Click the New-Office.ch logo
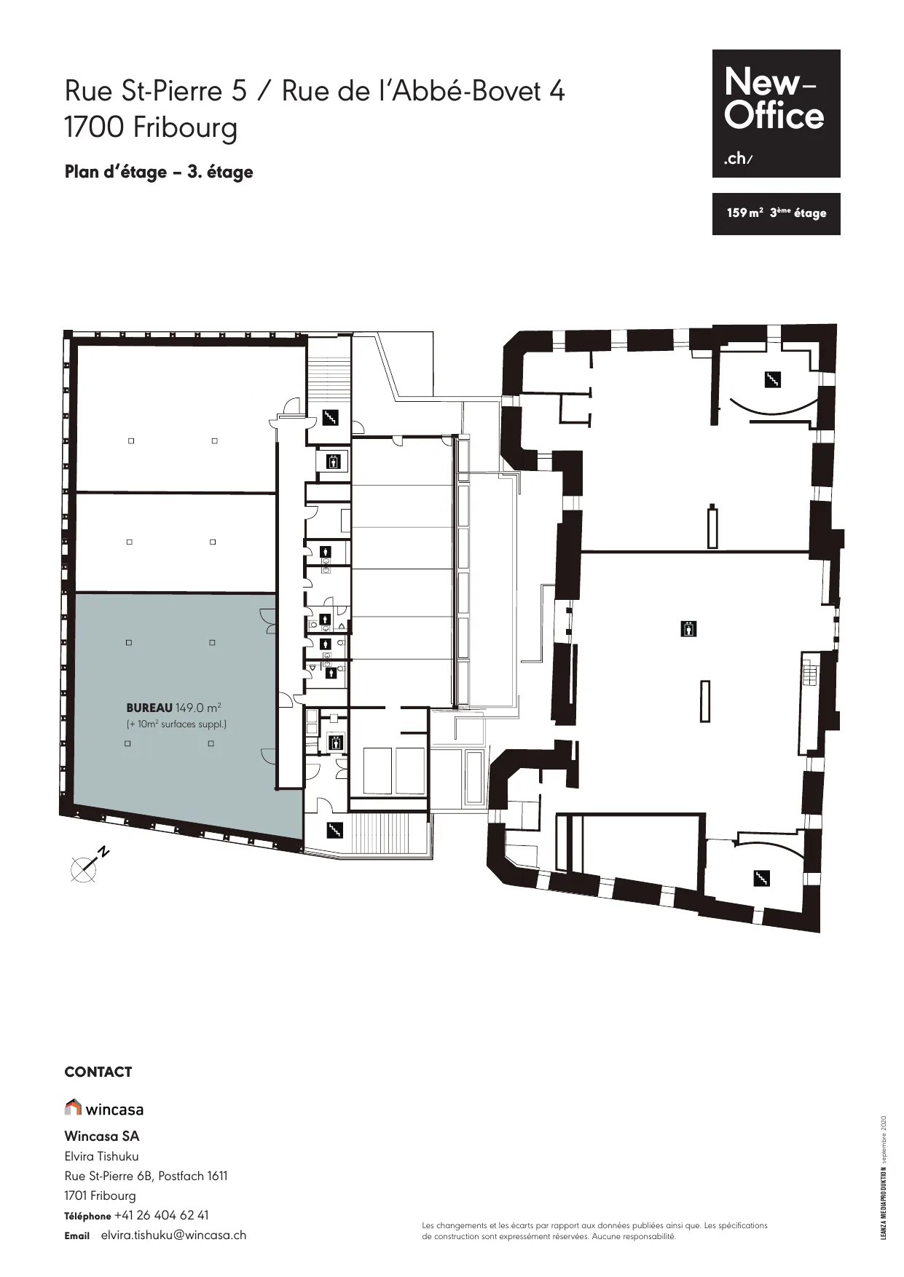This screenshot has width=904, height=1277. (x=776, y=114)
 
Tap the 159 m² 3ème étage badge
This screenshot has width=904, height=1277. (x=776, y=213)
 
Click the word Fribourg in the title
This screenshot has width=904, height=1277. (x=185, y=129)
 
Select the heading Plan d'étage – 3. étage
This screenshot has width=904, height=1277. (x=159, y=173)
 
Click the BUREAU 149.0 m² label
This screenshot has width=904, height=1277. (x=174, y=708)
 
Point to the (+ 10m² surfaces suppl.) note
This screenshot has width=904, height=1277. (x=176, y=724)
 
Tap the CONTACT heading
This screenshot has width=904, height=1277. (x=98, y=1072)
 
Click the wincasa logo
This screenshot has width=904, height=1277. (x=104, y=1108)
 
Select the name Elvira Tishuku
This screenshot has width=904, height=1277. (x=101, y=1156)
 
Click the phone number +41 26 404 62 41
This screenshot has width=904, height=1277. (x=162, y=1215)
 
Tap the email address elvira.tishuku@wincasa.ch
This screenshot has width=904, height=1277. (x=173, y=1235)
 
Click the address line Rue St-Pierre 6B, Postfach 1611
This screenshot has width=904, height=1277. (x=146, y=1176)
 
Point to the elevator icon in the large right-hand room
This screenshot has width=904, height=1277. (x=688, y=628)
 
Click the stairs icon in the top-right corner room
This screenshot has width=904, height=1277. (x=772, y=379)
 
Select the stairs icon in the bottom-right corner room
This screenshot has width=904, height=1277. (x=761, y=878)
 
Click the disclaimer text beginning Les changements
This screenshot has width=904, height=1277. (x=595, y=1230)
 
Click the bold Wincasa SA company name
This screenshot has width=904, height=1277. (x=102, y=1136)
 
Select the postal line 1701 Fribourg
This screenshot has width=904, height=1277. (x=101, y=1195)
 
